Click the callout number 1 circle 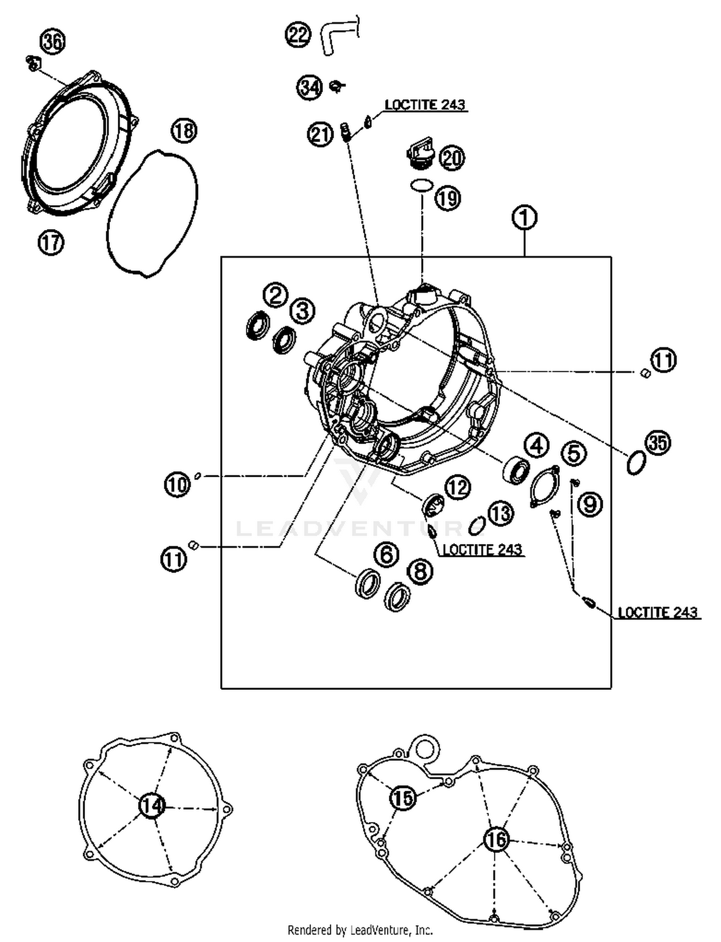click(524, 217)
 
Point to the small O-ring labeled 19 click(422, 185)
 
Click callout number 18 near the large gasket click(184, 131)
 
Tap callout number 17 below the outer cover click(51, 242)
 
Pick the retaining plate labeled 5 click(544, 486)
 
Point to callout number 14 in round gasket click(152, 805)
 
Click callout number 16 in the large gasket click(496, 839)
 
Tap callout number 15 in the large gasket click(402, 797)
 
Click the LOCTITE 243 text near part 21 click(425, 105)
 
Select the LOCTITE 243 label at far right click(657, 612)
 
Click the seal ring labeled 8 click(398, 597)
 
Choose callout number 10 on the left click(177, 484)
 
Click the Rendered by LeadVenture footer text click(360, 930)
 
